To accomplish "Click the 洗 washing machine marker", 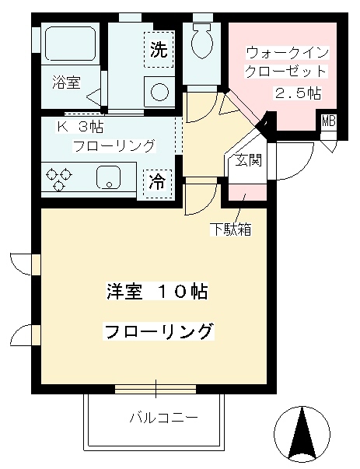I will (158, 51).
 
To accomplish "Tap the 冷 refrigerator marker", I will (157, 182).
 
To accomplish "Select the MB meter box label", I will (329, 121).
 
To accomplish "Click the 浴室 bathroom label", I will (66, 83).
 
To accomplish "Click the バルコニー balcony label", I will (163, 418).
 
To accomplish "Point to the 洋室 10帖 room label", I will (157, 292).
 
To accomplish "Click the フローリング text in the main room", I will (158, 331).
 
